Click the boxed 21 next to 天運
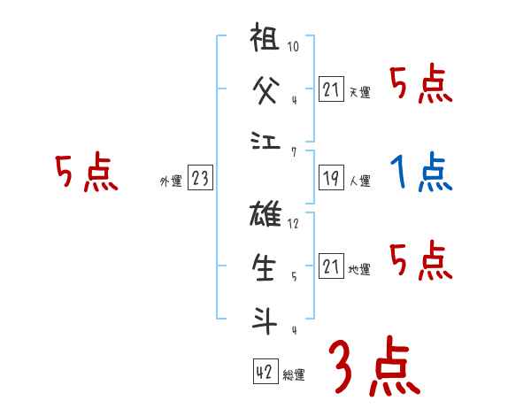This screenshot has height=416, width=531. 330,89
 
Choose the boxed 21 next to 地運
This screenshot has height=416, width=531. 330,266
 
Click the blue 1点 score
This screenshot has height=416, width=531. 420,173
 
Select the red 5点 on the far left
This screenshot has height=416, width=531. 86,173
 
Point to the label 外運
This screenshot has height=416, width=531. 170,181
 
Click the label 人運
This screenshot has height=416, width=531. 360,181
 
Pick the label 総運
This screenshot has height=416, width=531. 294,374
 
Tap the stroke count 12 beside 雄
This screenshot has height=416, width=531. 294,223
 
